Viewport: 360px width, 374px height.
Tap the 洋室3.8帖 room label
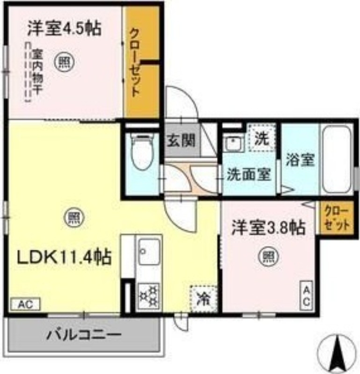268,228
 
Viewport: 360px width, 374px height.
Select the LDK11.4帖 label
65,256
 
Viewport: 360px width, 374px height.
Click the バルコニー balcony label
84,335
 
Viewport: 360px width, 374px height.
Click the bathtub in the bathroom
337,159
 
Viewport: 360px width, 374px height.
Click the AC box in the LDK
25,304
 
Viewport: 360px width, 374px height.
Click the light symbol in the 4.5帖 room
63,62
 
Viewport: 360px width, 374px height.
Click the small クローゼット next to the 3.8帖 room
337,218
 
